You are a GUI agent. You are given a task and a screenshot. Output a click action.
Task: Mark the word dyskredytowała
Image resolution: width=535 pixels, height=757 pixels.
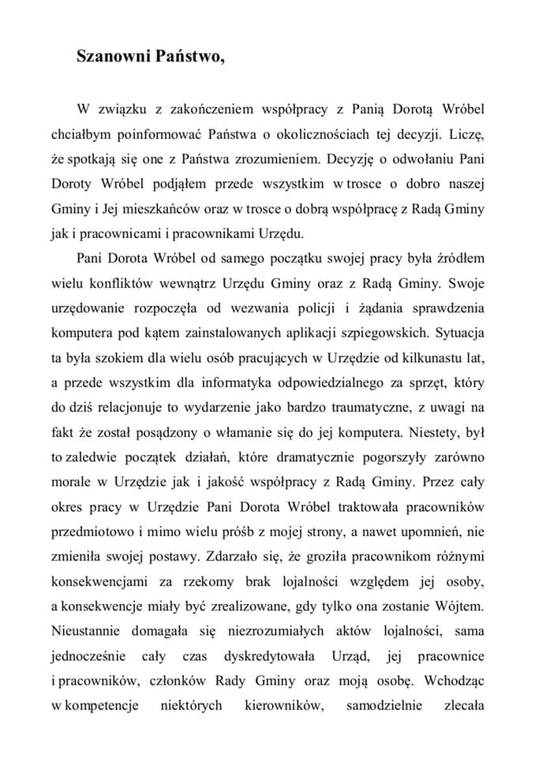point(269,657)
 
